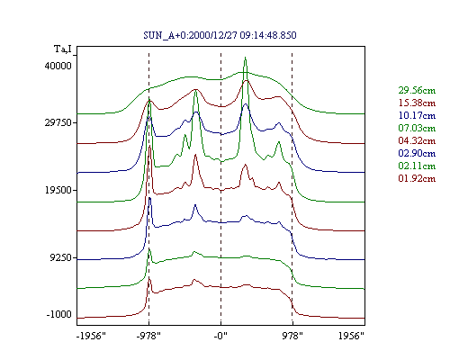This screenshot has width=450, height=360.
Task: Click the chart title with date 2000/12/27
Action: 220,35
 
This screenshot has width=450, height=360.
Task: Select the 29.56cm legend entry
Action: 417,90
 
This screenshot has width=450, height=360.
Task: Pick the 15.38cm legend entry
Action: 417,103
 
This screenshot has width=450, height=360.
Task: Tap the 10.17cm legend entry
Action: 417,115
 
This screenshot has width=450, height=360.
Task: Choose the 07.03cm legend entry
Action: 417,128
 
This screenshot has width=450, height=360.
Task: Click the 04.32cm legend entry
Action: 417,140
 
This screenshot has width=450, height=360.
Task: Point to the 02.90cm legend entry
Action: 417,153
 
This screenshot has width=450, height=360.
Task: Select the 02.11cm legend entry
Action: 417,166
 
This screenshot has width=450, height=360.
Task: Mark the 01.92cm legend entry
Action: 417,178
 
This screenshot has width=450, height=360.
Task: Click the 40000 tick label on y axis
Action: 58,66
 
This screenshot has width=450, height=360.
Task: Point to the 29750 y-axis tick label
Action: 58,123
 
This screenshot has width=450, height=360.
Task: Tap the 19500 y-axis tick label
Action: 58,190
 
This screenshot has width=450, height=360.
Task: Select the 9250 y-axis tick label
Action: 61,257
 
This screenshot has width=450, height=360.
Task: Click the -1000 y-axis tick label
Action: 59,314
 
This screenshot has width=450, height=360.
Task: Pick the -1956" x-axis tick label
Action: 92,336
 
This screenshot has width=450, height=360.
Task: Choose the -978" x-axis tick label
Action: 148,336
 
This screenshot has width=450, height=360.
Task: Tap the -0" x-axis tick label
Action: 220,336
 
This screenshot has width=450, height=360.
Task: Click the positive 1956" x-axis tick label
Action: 351,336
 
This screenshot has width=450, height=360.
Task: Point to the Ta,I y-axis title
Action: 63,49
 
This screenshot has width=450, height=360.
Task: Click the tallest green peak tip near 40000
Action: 245,57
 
